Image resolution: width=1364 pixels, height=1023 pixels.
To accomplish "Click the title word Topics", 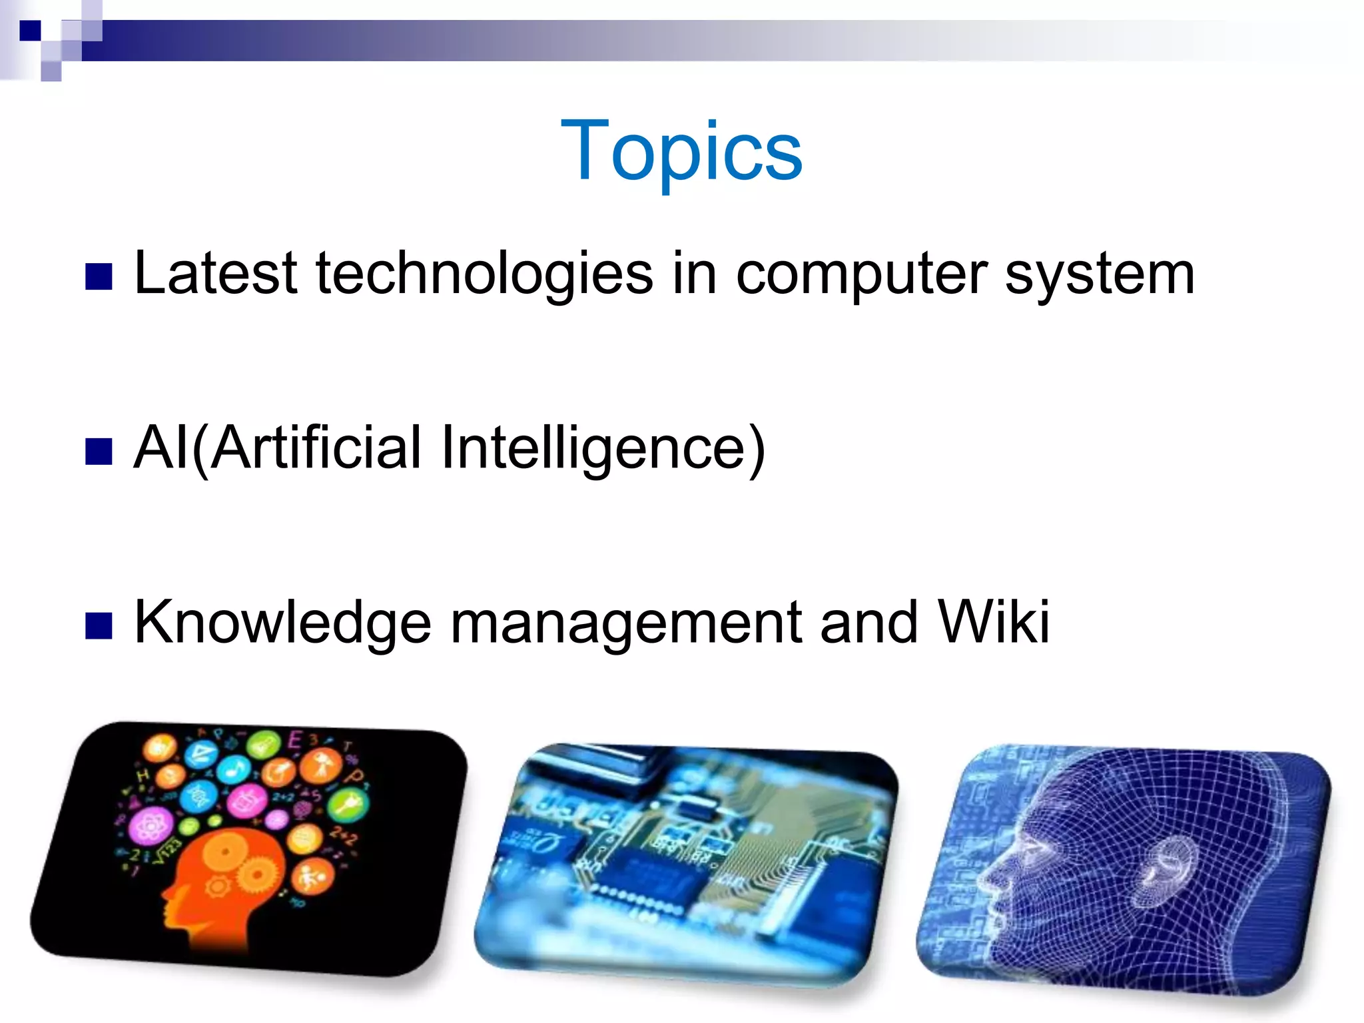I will pyautogui.click(x=681, y=151).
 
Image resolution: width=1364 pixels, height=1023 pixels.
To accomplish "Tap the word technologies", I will pyautogui.click(x=484, y=274).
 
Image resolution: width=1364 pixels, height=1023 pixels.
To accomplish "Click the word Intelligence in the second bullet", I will pyautogui.click(x=603, y=448).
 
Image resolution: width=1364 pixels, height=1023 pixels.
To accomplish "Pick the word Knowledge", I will pyautogui.click(x=282, y=623).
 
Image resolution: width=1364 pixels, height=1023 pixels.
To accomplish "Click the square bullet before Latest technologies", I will pyautogui.click(x=99, y=277).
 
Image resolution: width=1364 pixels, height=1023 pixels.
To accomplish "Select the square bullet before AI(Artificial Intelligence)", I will pyautogui.click(x=99, y=452).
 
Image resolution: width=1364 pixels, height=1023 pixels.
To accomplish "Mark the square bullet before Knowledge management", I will pyautogui.click(x=99, y=626).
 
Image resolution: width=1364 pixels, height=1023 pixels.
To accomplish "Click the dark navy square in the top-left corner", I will pyautogui.click(x=30, y=31).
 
